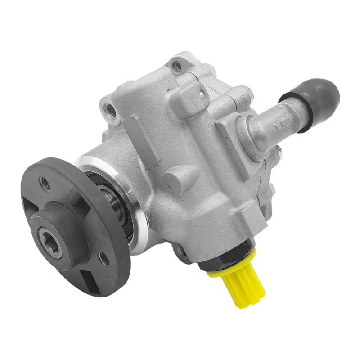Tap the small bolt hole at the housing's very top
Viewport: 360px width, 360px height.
[179, 67]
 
